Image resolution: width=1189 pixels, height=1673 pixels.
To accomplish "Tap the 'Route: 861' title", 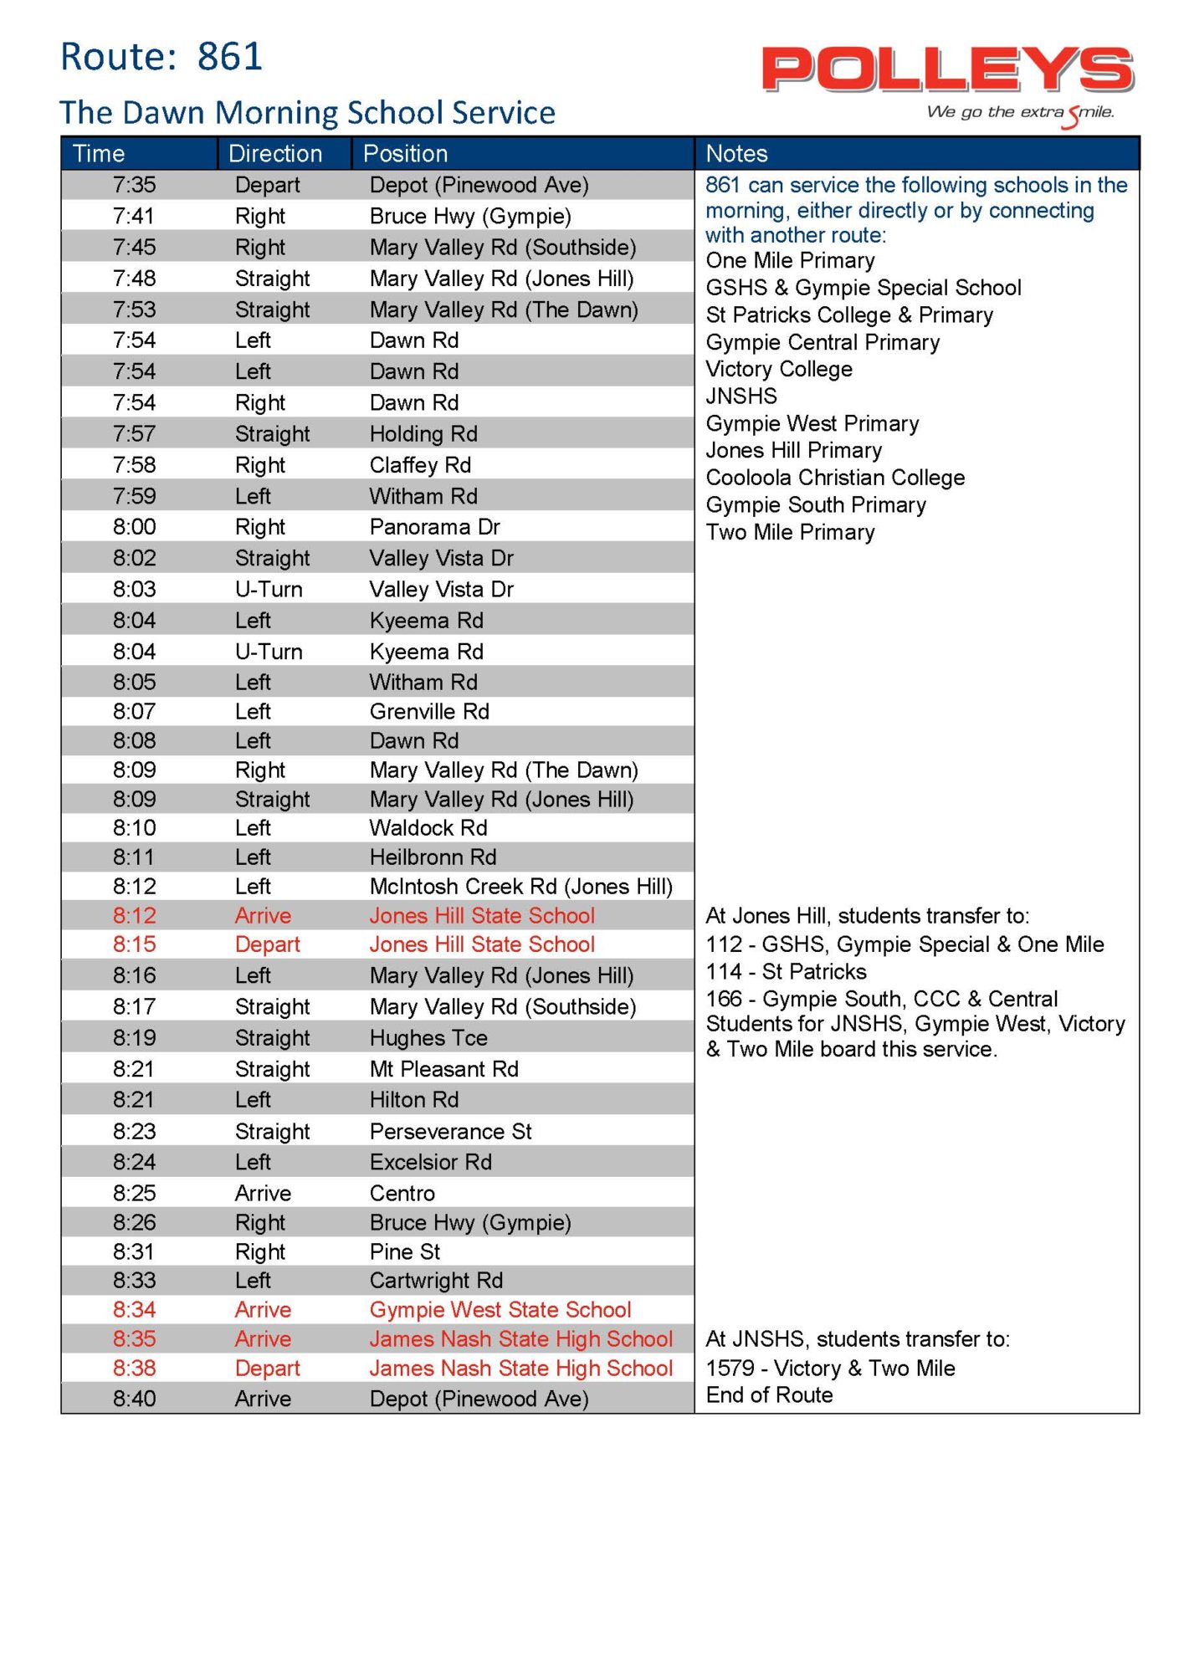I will click(161, 57).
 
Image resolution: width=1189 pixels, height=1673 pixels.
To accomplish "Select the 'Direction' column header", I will click(275, 154).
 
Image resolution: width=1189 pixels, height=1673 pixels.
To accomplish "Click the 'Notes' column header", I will click(736, 154).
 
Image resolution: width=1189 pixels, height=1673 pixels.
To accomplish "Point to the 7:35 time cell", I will click(135, 185).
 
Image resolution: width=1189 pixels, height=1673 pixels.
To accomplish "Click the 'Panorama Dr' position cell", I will click(434, 527).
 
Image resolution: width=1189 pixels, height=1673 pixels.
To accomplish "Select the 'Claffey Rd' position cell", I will click(420, 465).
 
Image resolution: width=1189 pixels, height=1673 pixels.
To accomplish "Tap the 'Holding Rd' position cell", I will click(423, 434).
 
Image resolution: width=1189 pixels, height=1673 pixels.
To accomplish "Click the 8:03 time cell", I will click(135, 590).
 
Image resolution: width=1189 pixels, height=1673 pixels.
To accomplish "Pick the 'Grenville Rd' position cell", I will click(429, 712).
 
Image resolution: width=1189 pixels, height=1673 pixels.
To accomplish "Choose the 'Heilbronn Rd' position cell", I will click(433, 857).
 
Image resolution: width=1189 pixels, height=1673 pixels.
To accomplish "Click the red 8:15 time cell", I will click(135, 944).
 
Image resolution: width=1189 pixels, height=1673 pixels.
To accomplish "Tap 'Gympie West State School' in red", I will click(500, 1310).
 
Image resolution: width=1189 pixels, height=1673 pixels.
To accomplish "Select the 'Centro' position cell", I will click(402, 1194).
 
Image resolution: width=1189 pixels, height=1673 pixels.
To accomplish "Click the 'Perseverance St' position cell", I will click(450, 1132).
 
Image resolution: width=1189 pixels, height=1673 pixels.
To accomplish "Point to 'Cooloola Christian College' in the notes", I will click(835, 478).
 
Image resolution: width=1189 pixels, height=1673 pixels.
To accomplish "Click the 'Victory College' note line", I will click(779, 369).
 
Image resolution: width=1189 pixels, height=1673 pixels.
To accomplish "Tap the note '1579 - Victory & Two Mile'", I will click(830, 1369).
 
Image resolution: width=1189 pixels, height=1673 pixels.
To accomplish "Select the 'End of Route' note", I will click(769, 1395).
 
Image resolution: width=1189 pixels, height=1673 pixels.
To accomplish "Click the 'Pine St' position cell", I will click(405, 1252).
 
